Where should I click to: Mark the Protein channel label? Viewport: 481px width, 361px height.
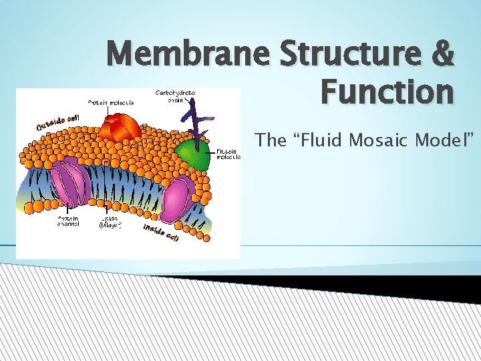69,221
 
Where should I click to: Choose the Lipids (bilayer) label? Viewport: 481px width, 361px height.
110,221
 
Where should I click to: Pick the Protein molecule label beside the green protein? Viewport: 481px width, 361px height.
226,154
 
